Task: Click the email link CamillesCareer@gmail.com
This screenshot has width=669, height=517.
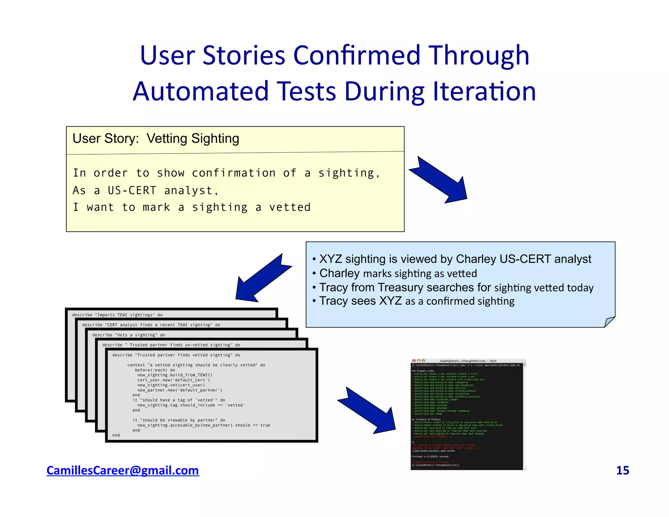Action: tap(122, 470)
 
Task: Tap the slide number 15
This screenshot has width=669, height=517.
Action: tap(622, 470)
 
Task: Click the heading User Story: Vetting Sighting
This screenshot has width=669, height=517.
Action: tap(156, 139)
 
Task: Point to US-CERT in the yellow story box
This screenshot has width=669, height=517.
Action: tap(132, 190)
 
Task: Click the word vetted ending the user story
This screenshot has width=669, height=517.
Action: tap(290, 207)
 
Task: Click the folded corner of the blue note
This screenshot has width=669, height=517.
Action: tap(609, 322)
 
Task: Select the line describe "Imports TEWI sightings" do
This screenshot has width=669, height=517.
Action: tap(117, 315)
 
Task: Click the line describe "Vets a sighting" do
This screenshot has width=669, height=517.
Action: tap(128, 335)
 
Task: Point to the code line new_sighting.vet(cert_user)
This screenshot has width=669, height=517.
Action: tap(171, 385)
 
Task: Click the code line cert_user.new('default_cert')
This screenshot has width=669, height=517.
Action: tap(173, 380)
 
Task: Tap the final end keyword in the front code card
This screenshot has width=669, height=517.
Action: tap(116, 435)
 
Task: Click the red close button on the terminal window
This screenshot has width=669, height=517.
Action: tap(414, 361)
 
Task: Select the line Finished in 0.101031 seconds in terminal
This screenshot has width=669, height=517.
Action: tap(430, 457)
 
